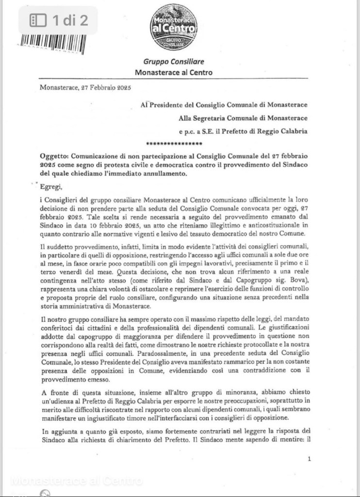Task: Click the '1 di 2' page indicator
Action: [x=59, y=20]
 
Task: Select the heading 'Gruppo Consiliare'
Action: [x=173, y=62]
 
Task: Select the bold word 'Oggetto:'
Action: [x=54, y=157]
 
